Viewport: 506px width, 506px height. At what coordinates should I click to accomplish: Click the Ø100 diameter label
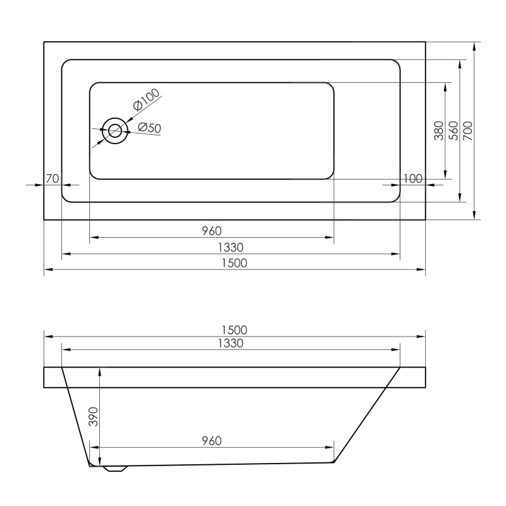pyautogui.click(x=147, y=99)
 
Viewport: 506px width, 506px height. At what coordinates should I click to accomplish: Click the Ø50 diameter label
pyautogui.click(x=149, y=128)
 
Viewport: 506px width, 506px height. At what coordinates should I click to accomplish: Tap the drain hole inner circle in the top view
pyautogui.click(x=115, y=132)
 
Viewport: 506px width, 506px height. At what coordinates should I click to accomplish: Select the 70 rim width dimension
pyautogui.click(x=52, y=178)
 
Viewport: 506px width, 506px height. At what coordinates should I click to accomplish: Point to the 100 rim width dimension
pyautogui.click(x=413, y=178)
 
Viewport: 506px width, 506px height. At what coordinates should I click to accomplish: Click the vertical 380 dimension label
pyautogui.click(x=439, y=131)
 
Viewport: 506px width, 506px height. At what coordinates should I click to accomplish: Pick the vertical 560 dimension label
pyautogui.click(x=454, y=131)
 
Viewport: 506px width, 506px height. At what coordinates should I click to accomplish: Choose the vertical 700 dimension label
pyautogui.click(x=468, y=131)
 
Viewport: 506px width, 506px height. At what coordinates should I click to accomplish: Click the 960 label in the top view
pyautogui.click(x=212, y=231)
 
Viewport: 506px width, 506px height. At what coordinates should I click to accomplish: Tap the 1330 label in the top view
pyautogui.click(x=230, y=247)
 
